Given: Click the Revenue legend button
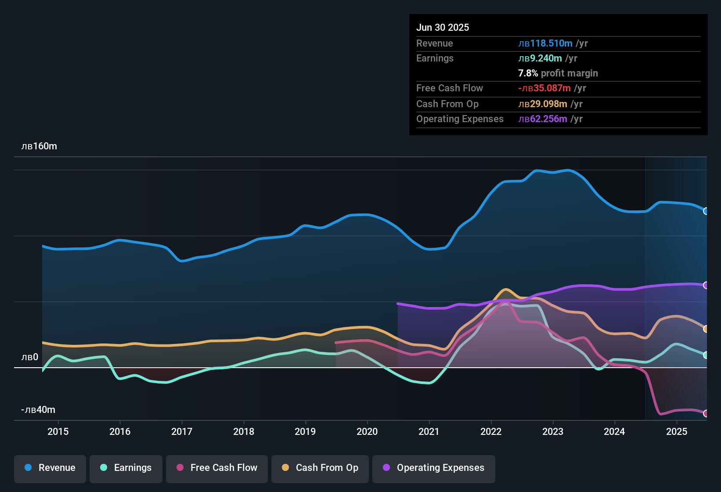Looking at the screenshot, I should (x=50, y=468).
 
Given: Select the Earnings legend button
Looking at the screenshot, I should (x=126, y=468).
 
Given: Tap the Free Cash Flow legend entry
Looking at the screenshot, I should (x=217, y=468).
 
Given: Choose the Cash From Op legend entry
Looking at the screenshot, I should (x=320, y=468).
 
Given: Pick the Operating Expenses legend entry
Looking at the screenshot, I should (x=434, y=468).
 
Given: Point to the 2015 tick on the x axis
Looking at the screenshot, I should (x=58, y=431).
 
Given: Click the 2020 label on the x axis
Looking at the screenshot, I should (x=367, y=431).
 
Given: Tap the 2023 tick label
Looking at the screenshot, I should (x=553, y=431).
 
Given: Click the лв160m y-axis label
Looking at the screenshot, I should (x=39, y=146).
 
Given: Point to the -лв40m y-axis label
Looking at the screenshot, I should (x=38, y=410).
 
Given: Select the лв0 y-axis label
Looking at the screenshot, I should (x=30, y=357).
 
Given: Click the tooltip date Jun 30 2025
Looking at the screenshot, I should (x=443, y=27).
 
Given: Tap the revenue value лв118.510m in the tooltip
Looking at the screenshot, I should (x=545, y=43).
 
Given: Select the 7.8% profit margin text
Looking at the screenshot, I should (x=558, y=73).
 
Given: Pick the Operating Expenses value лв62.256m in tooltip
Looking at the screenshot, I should (x=543, y=119).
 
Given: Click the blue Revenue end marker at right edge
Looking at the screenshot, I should (x=706, y=211).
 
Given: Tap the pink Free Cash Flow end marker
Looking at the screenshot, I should (x=706, y=413).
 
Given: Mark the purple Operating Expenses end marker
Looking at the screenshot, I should (x=706, y=286).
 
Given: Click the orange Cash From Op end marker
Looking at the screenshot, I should (x=706, y=329).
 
